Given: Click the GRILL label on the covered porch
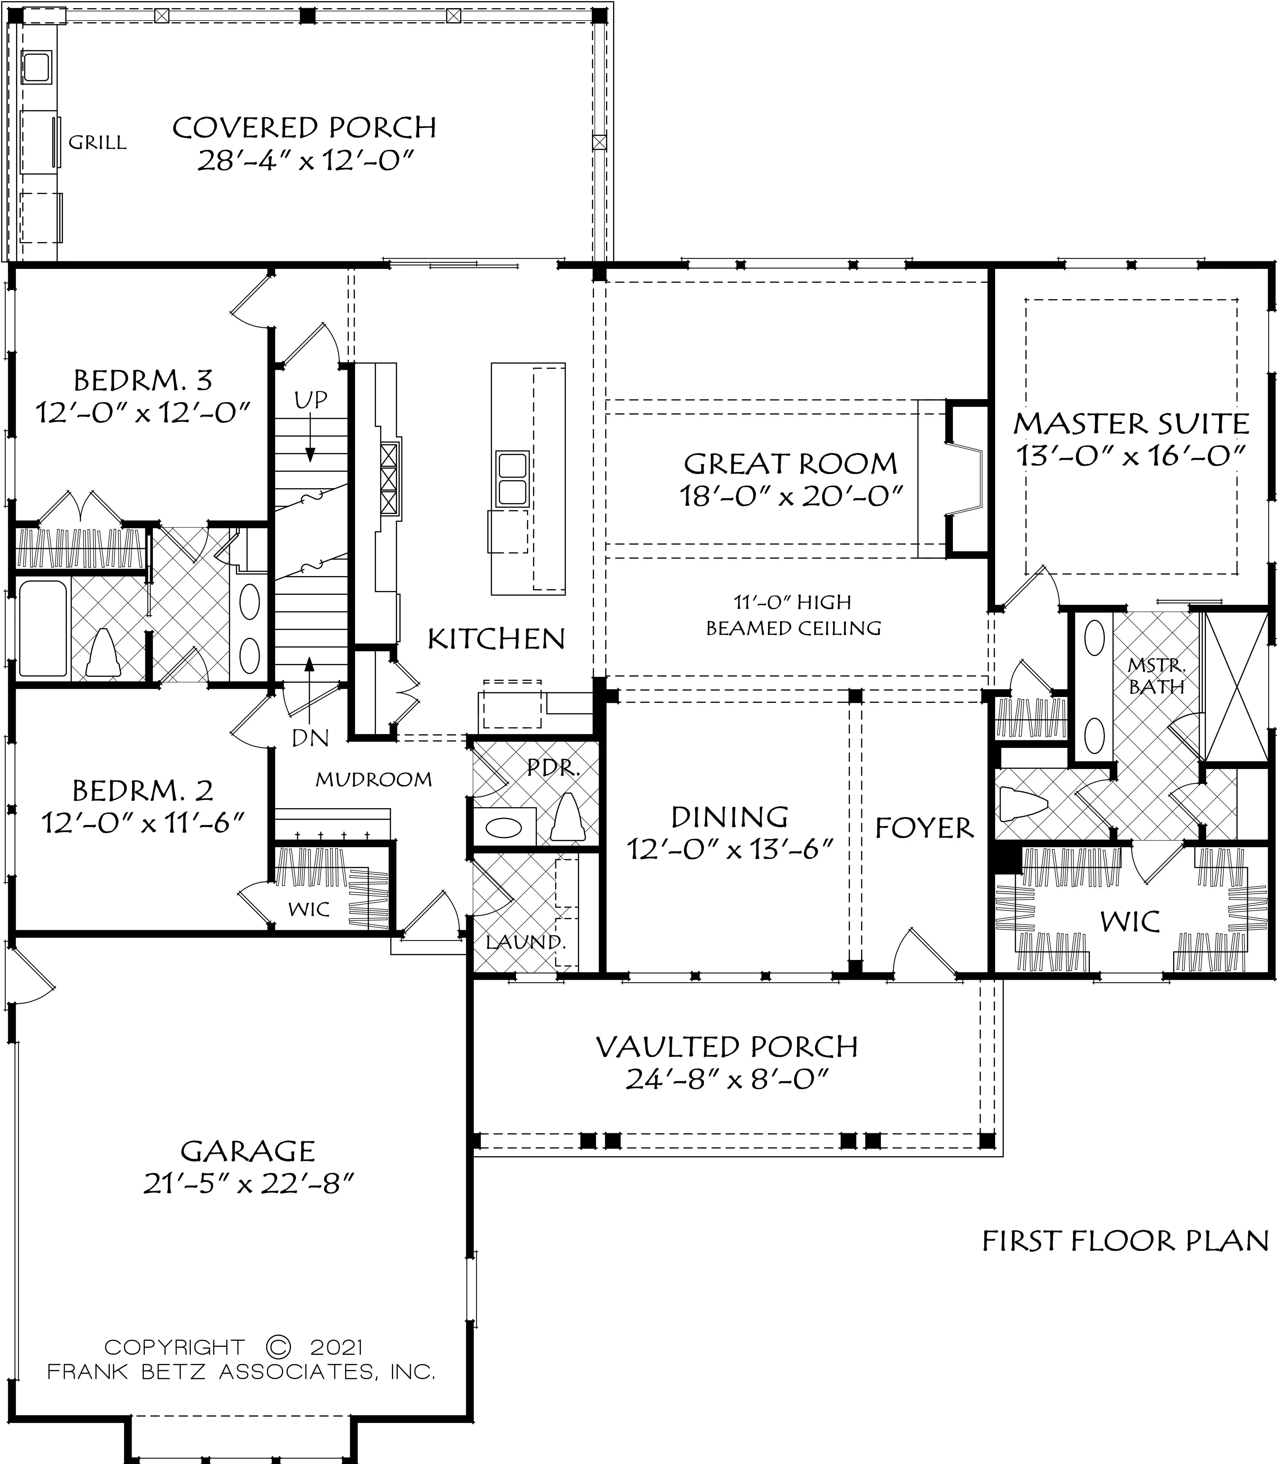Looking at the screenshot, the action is pos(98,143).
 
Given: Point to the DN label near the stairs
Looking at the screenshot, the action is pos(311,739).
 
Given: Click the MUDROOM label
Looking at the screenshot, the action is pos(374,779).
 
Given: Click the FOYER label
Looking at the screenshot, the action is pos(924,829).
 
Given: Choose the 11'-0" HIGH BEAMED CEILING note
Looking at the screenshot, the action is pos(793,615).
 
